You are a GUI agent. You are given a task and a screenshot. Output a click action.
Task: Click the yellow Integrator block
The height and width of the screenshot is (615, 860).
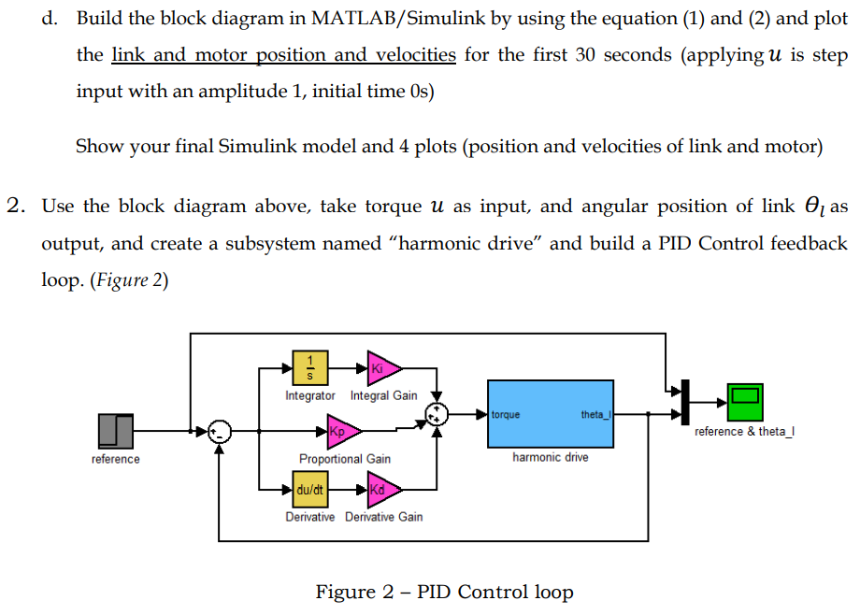(x=310, y=368)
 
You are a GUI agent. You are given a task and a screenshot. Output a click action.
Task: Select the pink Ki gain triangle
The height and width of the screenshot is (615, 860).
(x=383, y=368)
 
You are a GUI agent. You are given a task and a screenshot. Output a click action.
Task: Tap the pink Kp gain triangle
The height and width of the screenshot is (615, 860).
(x=342, y=431)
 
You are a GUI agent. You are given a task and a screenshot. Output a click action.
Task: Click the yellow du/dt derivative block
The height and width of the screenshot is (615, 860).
(x=309, y=489)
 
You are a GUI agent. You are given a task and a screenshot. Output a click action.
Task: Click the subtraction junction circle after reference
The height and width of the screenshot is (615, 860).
(x=219, y=431)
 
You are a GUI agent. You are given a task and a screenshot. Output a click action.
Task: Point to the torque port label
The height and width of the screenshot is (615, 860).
(x=506, y=414)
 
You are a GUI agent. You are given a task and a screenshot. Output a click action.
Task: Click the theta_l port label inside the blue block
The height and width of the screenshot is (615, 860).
(x=595, y=414)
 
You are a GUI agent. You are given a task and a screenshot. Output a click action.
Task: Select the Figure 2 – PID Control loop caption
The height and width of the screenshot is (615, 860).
(x=444, y=592)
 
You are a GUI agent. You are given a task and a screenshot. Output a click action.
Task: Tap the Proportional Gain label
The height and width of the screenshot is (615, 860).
(x=345, y=459)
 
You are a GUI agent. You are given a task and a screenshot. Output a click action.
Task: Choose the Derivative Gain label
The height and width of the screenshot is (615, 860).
(x=383, y=517)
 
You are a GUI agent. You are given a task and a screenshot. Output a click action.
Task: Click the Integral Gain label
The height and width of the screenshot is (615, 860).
(x=383, y=395)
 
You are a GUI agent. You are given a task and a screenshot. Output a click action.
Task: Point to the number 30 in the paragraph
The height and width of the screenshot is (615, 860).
(x=585, y=54)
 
